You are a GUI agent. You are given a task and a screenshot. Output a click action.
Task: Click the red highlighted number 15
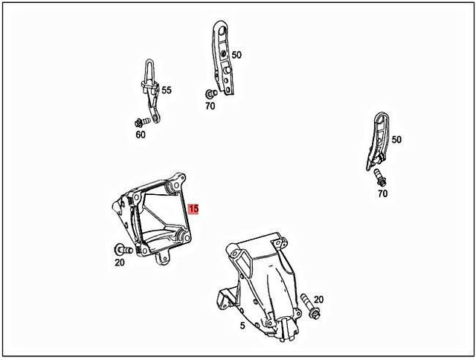[x=193, y=209]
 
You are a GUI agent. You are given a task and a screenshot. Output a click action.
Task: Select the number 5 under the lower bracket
[x=242, y=325]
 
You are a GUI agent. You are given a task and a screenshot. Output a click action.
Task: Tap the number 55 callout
[x=166, y=90]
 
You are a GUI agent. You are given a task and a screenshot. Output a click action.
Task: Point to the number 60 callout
[x=141, y=135]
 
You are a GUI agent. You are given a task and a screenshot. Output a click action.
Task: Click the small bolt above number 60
[x=141, y=121]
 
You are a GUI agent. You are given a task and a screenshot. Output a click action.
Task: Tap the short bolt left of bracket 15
[x=121, y=250]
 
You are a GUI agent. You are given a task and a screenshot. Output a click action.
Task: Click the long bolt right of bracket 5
[x=311, y=306]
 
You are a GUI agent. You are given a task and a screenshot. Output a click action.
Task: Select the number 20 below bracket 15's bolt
[x=120, y=263]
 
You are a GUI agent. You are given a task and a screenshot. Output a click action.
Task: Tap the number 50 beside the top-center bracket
[x=237, y=55]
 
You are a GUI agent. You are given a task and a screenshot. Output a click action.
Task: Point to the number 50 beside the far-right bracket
[x=396, y=140]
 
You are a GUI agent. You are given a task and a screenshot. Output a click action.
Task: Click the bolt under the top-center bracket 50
[x=210, y=94]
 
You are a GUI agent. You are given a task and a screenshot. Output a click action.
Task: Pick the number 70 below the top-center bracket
[x=210, y=106]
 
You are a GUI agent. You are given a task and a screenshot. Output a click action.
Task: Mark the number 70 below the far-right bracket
[x=382, y=194]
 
